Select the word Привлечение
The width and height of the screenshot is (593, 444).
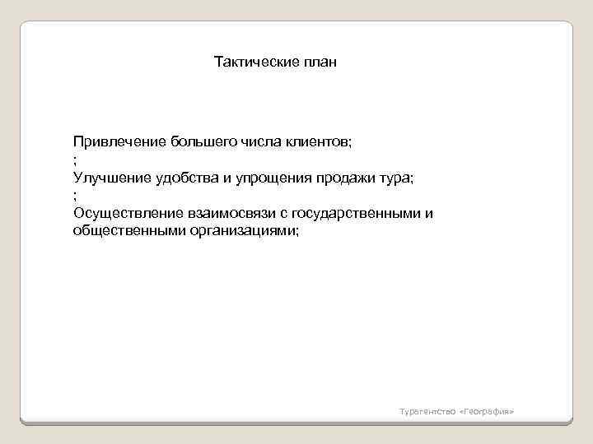point(119,141)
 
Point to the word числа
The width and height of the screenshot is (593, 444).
point(263,141)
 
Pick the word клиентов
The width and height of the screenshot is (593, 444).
point(321,141)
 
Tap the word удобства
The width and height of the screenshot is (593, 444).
point(189,178)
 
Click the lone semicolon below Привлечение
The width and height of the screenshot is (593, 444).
point(75,160)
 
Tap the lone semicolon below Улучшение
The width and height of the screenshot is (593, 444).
point(75,196)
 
